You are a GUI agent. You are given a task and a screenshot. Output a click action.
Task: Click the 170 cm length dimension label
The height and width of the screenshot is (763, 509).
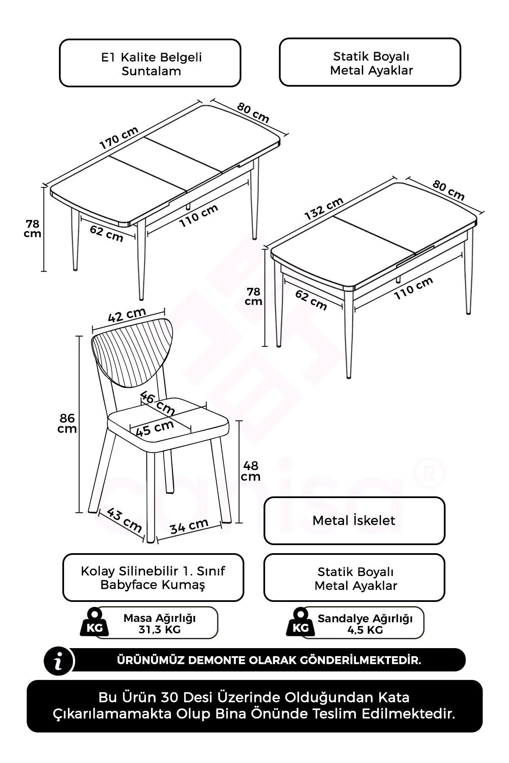(x=119, y=138)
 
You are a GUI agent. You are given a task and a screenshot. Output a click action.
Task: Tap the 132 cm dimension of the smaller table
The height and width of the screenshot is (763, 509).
(x=324, y=209)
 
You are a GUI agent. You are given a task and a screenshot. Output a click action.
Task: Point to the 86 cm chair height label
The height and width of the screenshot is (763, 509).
(x=67, y=423)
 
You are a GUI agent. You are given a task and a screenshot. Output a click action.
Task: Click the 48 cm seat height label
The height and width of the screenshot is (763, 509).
(x=251, y=471)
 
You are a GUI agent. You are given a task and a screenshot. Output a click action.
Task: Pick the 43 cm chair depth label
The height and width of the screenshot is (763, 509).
(x=124, y=520)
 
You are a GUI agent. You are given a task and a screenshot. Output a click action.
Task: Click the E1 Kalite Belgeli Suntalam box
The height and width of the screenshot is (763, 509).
(x=150, y=63)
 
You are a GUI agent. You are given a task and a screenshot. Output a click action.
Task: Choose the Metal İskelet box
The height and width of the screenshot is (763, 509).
(x=354, y=521)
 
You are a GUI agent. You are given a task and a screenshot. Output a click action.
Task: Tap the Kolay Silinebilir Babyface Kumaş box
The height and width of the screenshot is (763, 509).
(x=153, y=577)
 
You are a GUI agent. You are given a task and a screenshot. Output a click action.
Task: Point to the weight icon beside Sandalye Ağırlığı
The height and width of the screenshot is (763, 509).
(x=301, y=621)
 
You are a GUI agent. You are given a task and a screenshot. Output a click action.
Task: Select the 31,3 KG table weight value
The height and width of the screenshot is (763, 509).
(x=159, y=629)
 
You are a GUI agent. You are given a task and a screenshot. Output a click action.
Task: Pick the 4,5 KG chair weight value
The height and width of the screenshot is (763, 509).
(x=365, y=630)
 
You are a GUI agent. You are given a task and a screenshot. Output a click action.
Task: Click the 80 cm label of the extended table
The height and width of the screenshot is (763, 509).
(x=253, y=113)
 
